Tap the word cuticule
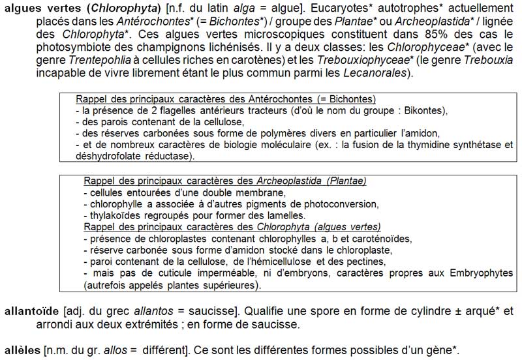point(166,273)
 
